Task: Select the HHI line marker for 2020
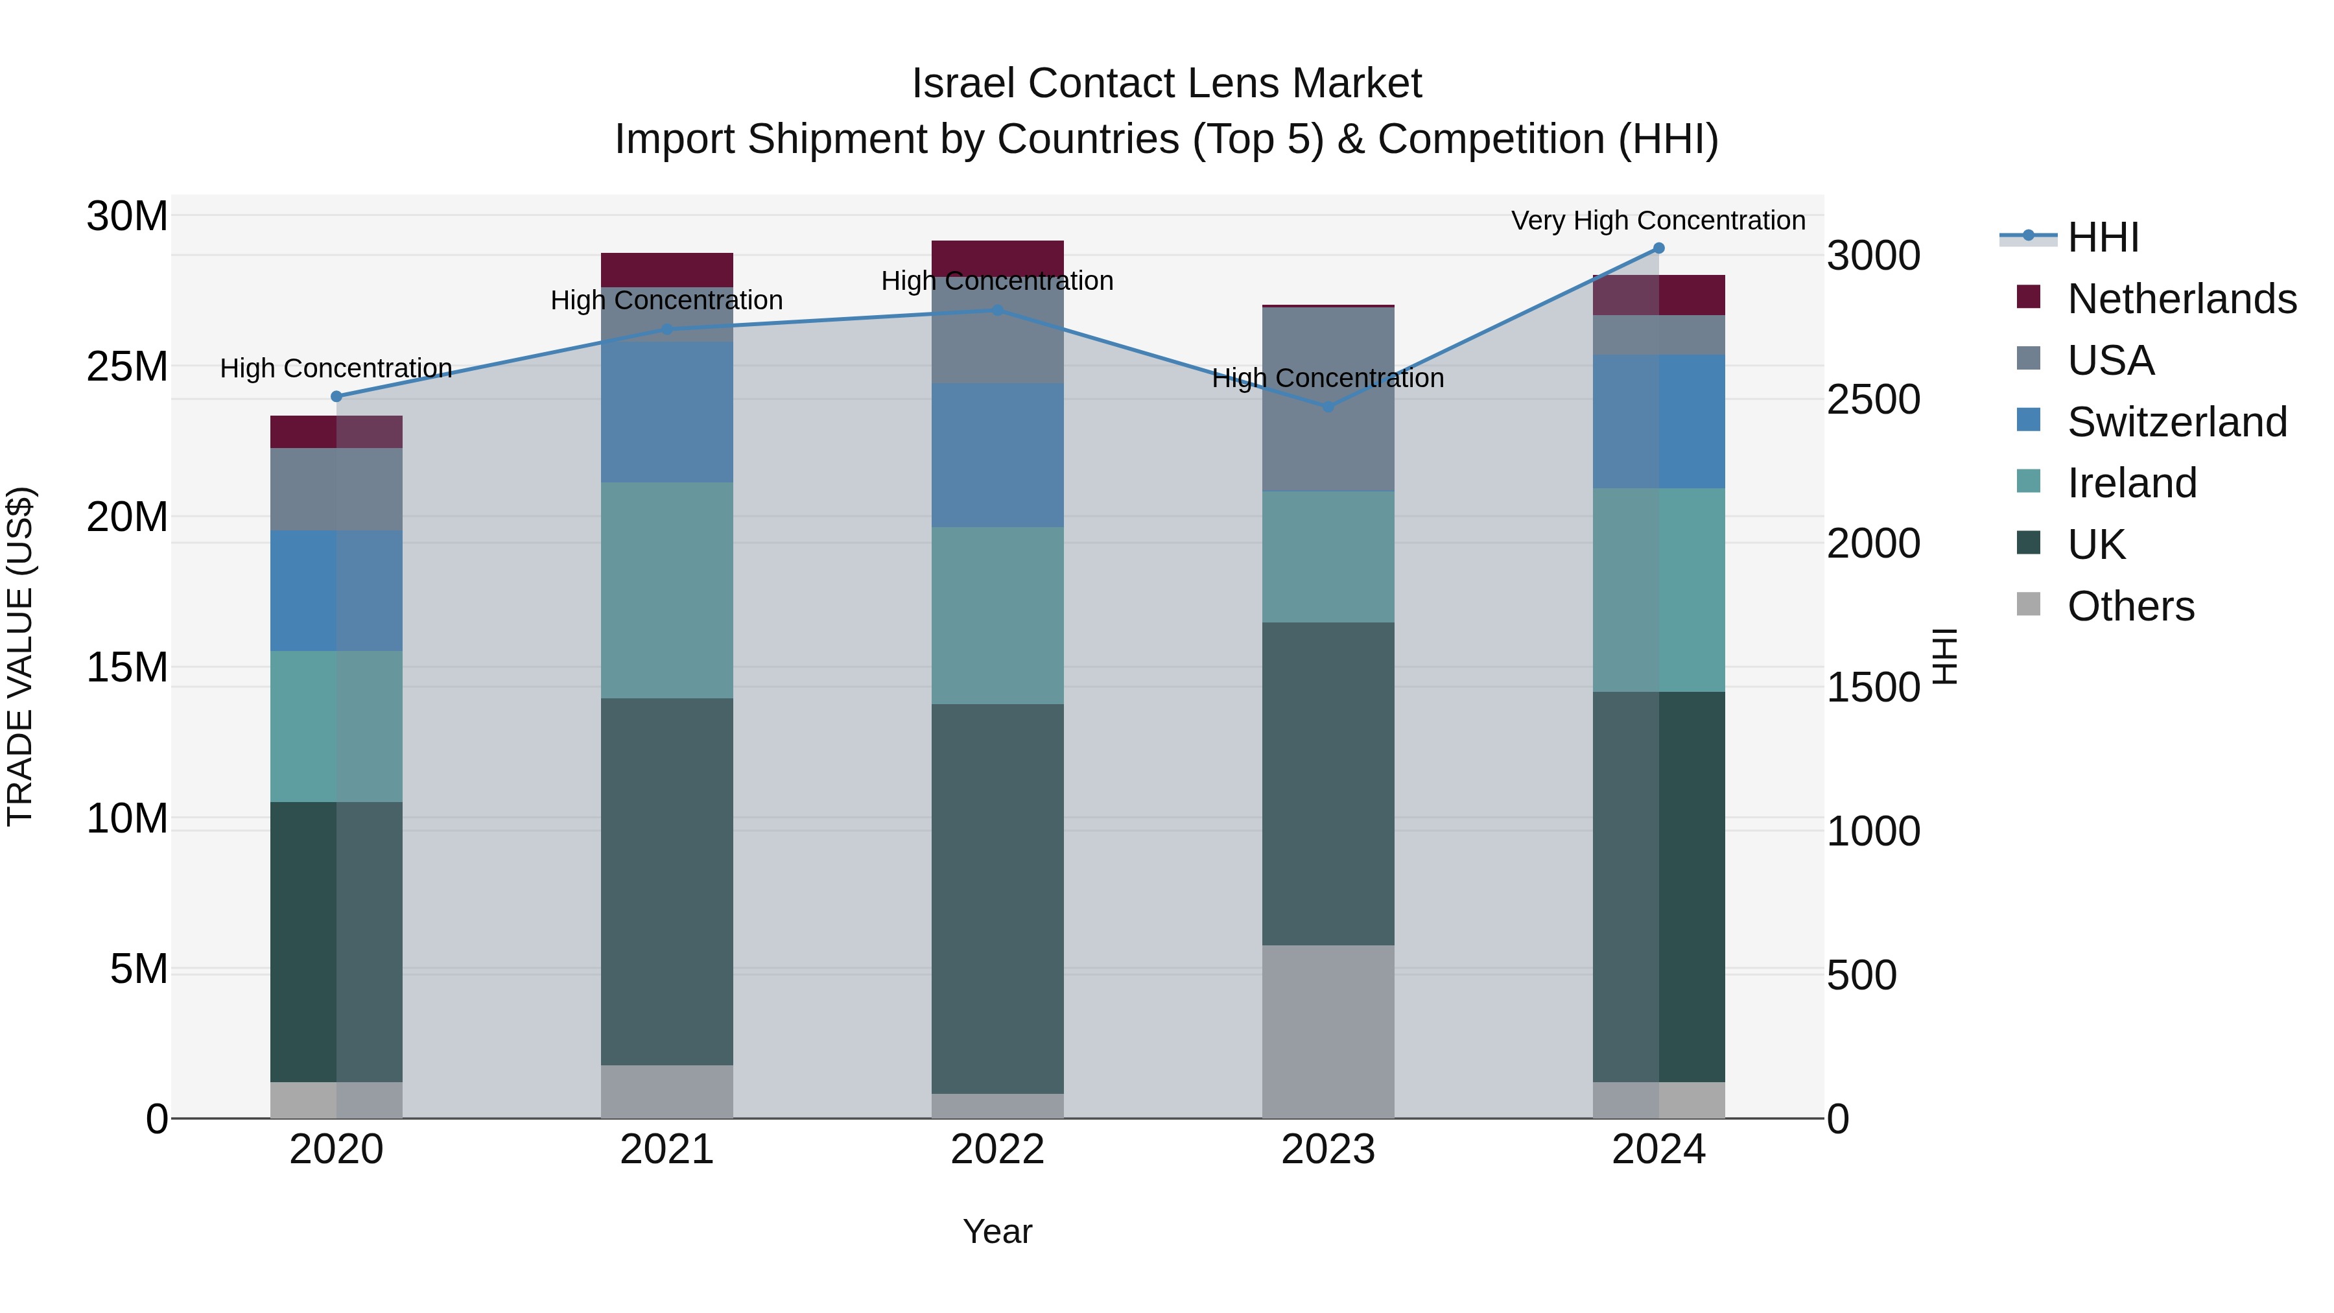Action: (336, 397)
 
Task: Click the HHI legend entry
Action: (2102, 237)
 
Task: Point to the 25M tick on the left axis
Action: (127, 367)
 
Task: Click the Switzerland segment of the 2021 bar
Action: (667, 412)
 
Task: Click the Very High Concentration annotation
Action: (1658, 220)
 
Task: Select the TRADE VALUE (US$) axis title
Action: (20, 656)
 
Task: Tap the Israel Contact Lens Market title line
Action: (1166, 84)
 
